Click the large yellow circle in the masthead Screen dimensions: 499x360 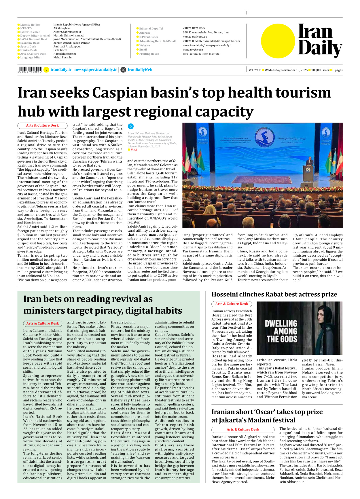[x=278, y=41]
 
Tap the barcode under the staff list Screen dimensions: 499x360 [x=30, y=70]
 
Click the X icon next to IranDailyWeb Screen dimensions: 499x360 [x=123, y=70]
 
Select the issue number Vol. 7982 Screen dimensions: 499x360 [x=255, y=70]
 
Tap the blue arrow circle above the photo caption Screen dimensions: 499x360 [x=130, y=126]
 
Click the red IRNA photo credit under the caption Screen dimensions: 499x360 [x=134, y=150]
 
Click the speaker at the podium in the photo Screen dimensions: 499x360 [x=310, y=162]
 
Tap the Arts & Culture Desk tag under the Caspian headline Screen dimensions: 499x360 [x=42, y=125]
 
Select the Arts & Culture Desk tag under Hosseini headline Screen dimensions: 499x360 [x=232, y=304]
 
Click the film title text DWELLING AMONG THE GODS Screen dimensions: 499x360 [x=281, y=331]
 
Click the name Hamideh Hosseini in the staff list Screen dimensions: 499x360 [x=65, y=54]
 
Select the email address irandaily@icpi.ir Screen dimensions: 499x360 [x=193, y=49]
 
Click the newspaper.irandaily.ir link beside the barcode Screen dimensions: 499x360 [x=96, y=70]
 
